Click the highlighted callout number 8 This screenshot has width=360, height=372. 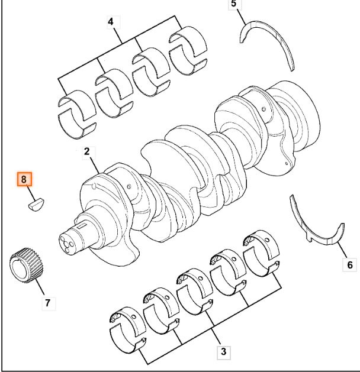coord(24,179)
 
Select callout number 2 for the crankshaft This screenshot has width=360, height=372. coord(87,151)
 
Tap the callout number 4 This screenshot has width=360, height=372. coord(111,22)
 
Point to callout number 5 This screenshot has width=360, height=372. coord(234,4)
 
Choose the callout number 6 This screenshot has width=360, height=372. coord(350,265)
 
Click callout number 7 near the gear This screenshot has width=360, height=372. coord(48,303)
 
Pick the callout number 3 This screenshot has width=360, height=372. coord(223,351)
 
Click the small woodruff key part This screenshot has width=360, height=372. coord(36,204)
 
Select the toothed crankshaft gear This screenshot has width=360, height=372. coord(27,265)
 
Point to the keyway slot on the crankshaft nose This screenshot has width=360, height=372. coord(82,225)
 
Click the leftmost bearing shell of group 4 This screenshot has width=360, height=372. coord(77,114)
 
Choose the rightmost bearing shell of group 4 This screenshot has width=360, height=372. coord(188,50)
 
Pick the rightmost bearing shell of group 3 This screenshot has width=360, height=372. coord(262,253)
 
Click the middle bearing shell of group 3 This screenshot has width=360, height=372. coord(195,292)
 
